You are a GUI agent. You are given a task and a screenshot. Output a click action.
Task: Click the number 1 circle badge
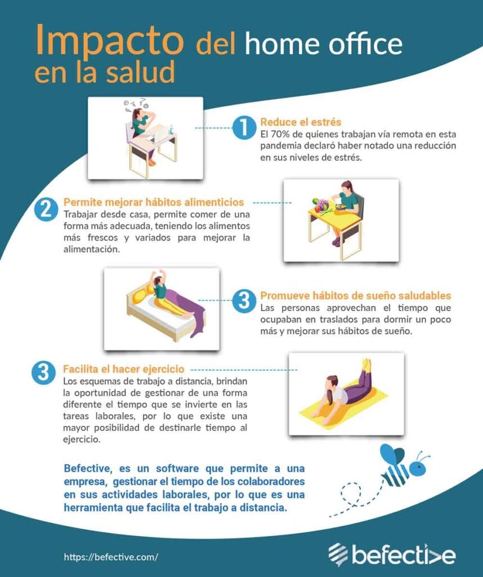(x=243, y=127)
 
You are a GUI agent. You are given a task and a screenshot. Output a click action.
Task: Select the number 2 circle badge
(x=46, y=208)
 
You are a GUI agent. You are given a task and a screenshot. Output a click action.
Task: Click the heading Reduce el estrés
(x=301, y=122)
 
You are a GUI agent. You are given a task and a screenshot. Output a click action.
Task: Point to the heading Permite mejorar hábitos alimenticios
(x=154, y=202)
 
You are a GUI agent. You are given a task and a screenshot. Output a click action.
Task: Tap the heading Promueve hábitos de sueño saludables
(x=355, y=296)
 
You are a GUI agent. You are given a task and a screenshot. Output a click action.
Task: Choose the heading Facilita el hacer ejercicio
(x=124, y=370)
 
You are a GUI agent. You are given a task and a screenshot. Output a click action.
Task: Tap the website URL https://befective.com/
(x=111, y=557)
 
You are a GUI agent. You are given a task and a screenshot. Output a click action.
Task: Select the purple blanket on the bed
(x=191, y=313)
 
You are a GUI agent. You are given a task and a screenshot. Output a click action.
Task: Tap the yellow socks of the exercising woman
(x=366, y=365)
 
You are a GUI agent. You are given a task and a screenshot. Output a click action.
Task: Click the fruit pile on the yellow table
(x=321, y=205)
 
